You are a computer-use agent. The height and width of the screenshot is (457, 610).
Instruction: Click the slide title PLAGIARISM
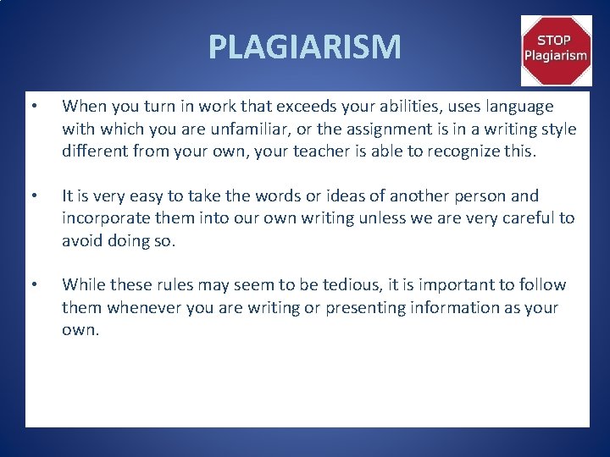pyautogui.click(x=305, y=47)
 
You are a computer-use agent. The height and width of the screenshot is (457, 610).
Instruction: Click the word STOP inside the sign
pyautogui.click(x=556, y=40)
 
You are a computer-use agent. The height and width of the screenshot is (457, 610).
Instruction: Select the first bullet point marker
pyautogui.click(x=33, y=107)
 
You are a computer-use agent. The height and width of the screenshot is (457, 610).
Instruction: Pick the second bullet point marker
pyautogui.click(x=33, y=196)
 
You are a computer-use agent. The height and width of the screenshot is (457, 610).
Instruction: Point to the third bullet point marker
pyautogui.click(x=33, y=285)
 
